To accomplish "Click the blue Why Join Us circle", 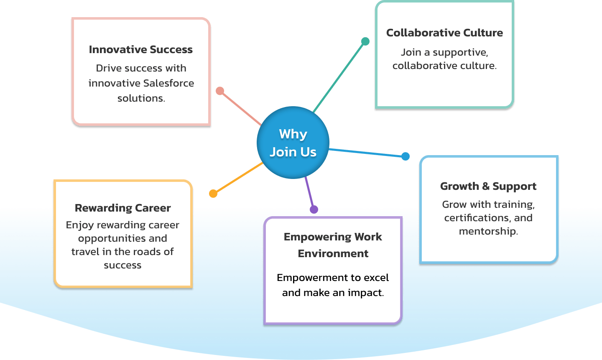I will point(293,143).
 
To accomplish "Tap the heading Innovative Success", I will point(140,49).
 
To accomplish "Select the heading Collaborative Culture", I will point(444,33).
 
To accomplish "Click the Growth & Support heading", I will point(488,186).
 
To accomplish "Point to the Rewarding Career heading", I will point(122,208).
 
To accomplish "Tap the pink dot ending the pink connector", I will point(220,91).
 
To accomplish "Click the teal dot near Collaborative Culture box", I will point(365,41).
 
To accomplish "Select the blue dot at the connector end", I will point(405,156).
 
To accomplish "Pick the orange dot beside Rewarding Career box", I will point(213,194).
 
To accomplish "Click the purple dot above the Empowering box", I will point(314,209).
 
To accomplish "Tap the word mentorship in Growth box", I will point(488,231).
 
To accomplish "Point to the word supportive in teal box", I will point(460,52).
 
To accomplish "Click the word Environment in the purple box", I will point(333,253).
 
